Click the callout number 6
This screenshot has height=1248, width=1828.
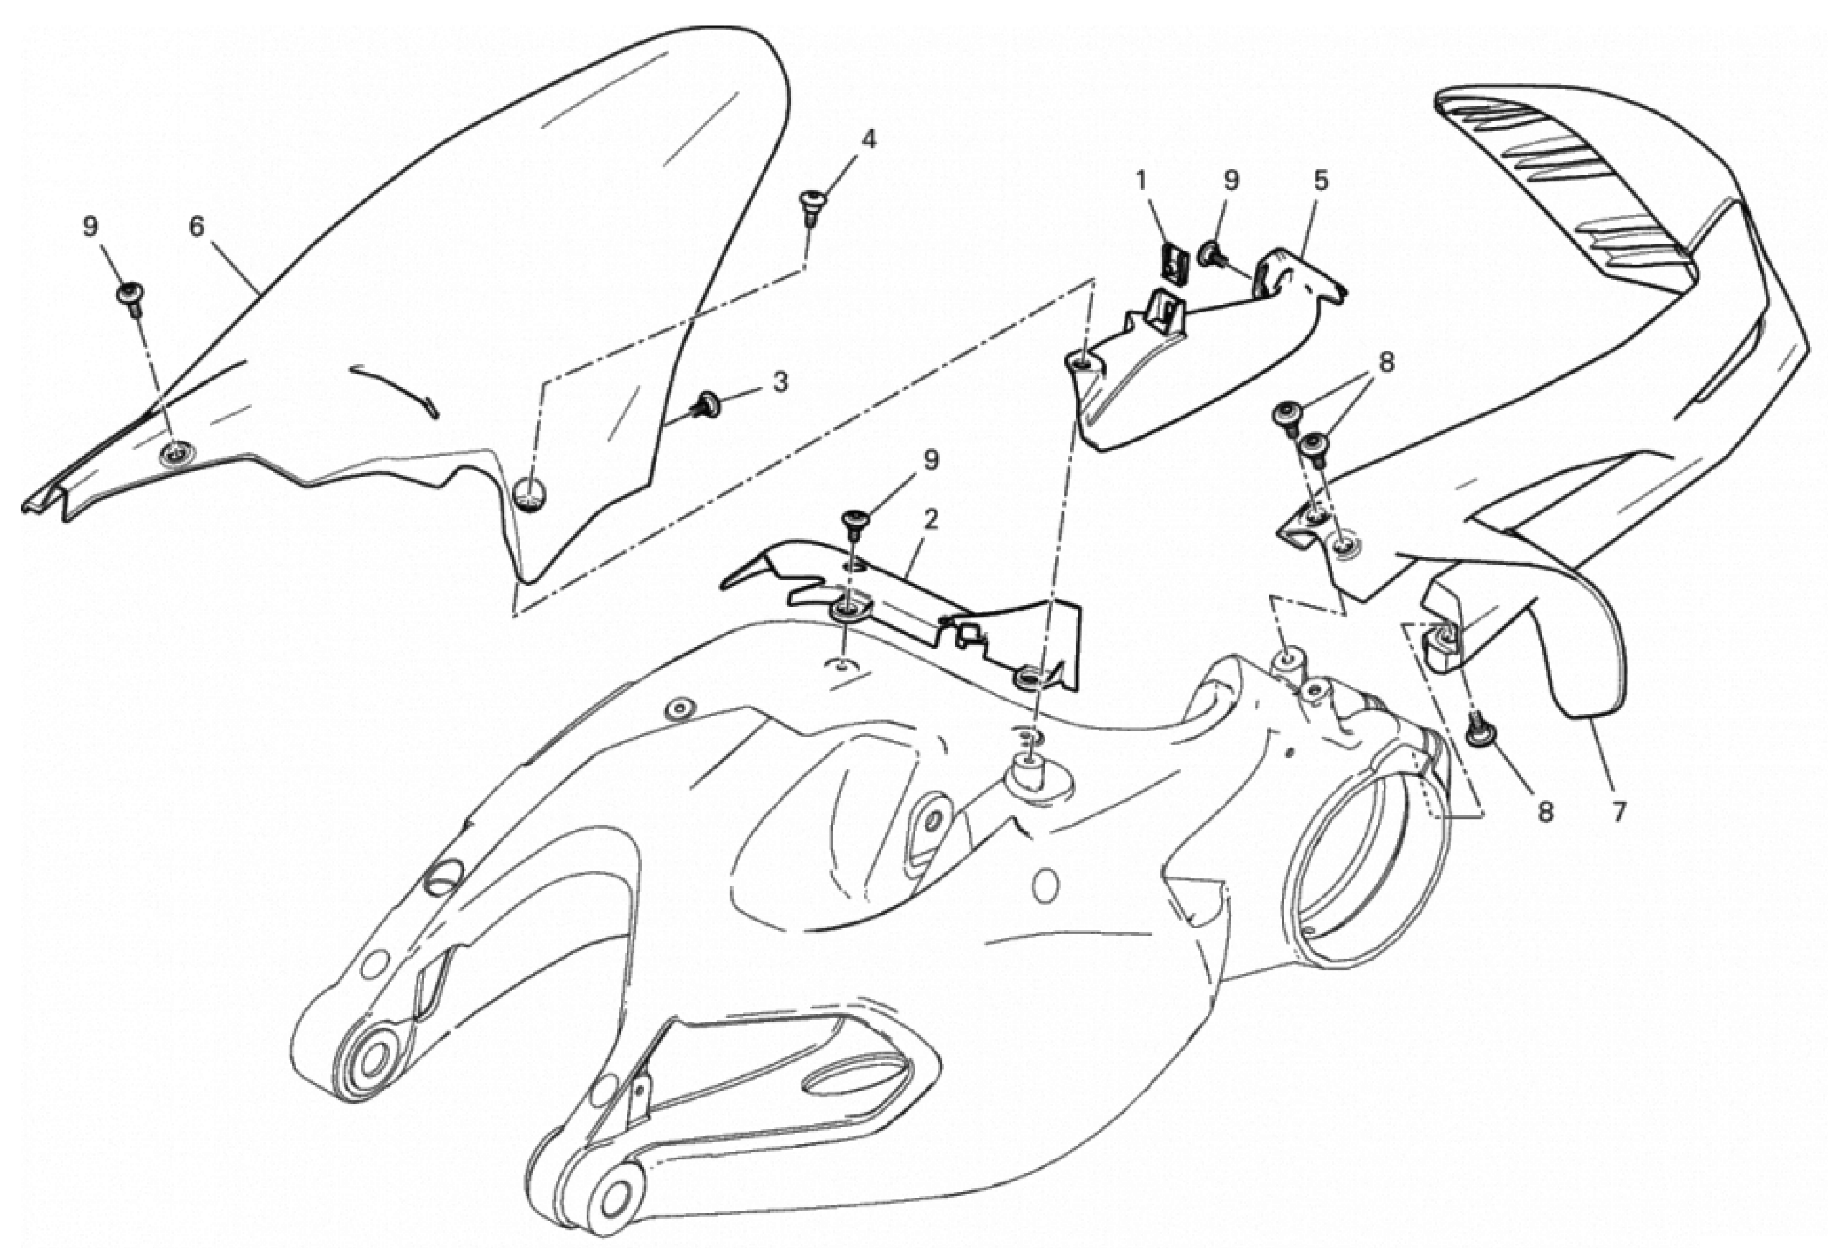[x=197, y=227]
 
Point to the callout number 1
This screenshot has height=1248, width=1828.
[x=1141, y=181]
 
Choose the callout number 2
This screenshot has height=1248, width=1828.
[x=931, y=520]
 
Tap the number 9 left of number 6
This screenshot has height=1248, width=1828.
[x=91, y=227]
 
